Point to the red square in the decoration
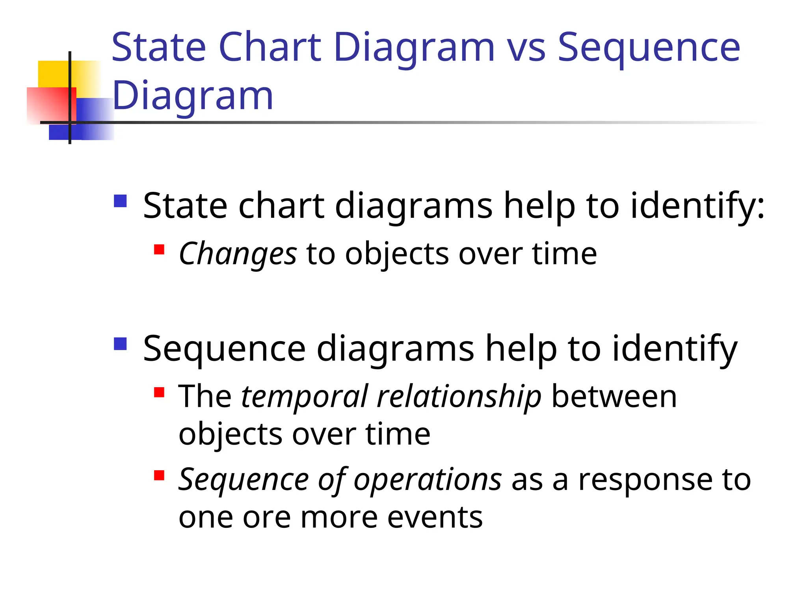47,104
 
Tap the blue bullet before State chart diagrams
120,201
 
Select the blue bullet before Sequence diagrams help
120,344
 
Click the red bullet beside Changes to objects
159,250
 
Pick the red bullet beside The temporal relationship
159,392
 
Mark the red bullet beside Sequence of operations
159,475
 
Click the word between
614,396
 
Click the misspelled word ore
267,518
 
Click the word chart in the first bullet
281,206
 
